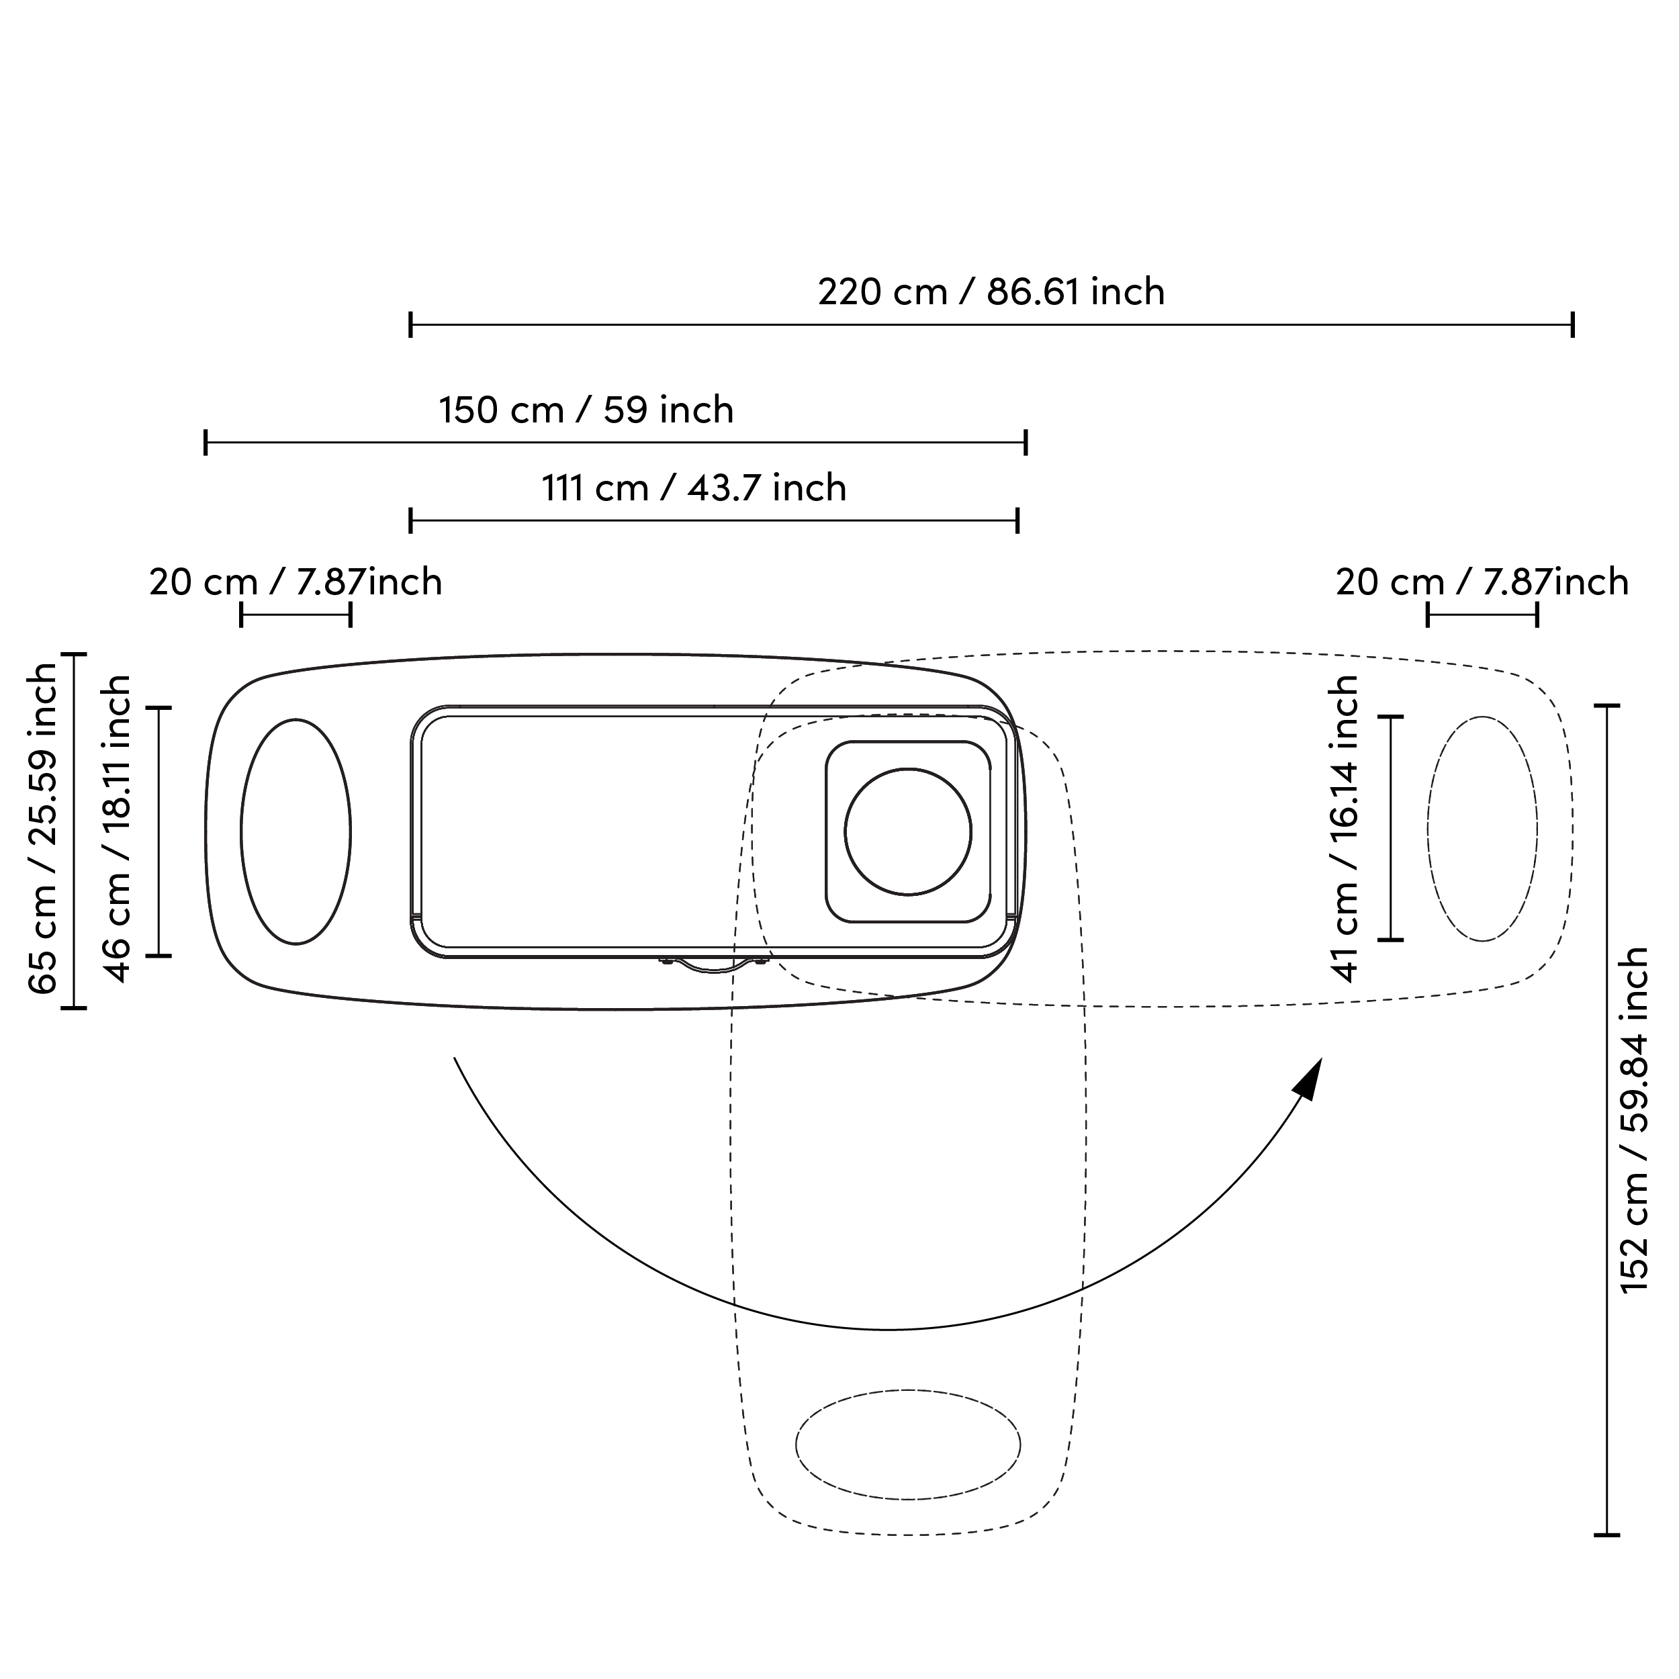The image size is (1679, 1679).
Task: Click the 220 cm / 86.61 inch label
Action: tap(991, 292)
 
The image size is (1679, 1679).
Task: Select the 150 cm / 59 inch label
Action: tap(586, 410)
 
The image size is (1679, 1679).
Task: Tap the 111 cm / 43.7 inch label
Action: tap(694, 488)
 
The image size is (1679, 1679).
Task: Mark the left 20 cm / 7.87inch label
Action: tap(296, 582)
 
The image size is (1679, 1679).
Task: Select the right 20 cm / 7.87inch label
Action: tap(1482, 582)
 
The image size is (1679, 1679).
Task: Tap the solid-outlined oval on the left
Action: tap(296, 831)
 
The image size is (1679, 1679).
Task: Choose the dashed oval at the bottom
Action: tap(907, 1445)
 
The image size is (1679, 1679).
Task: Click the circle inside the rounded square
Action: tap(907, 831)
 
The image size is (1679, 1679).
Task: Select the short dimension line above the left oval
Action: tap(296, 615)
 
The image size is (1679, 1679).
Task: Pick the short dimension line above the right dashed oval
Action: tap(1482, 615)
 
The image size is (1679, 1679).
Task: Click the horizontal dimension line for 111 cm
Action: tap(713, 521)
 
